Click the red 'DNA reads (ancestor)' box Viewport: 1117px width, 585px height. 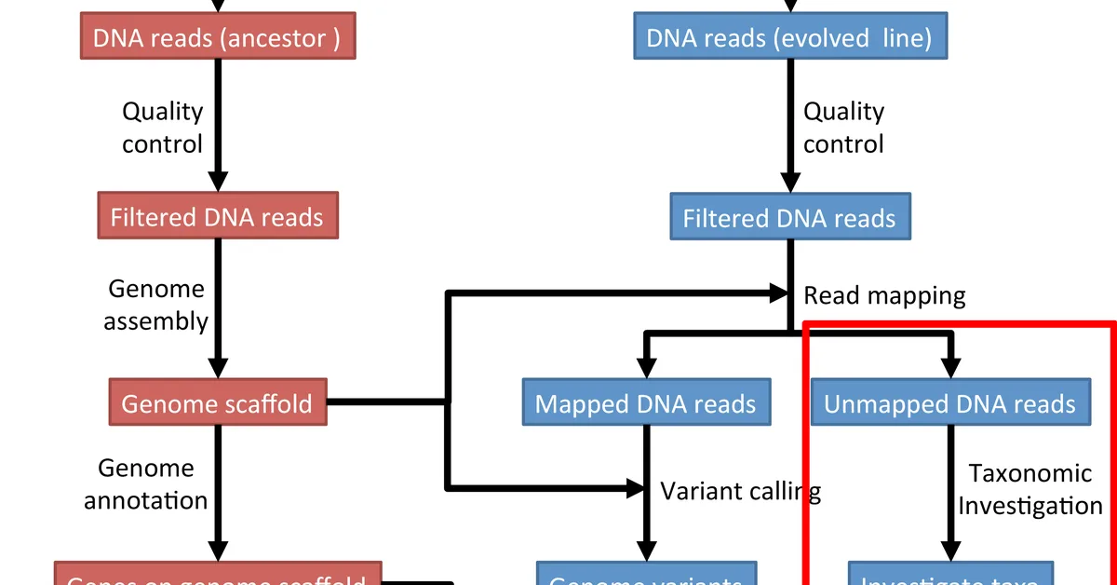coord(217,37)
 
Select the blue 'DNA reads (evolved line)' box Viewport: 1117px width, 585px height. coord(788,37)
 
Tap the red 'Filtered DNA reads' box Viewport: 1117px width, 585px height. coord(217,217)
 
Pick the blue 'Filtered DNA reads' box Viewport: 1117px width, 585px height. coord(789,218)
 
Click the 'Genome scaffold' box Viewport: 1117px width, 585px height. coord(218,402)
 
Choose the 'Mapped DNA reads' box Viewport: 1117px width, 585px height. coord(646,403)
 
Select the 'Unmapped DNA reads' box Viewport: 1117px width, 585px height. coord(949,403)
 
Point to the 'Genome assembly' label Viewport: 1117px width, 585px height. coord(155,305)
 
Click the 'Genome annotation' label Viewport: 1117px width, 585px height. coord(146,483)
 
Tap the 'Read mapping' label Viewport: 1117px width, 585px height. coord(884,295)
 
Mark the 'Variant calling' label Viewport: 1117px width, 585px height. coord(740,489)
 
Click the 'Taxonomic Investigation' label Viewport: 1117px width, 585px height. coord(1030,489)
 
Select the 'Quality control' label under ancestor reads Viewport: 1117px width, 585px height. coord(163,128)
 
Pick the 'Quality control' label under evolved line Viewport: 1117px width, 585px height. coord(843,128)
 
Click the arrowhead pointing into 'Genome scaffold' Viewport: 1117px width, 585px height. coord(217,367)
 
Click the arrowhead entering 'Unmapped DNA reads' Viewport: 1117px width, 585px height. coord(949,368)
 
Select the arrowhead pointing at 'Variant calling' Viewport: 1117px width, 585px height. coord(635,487)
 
